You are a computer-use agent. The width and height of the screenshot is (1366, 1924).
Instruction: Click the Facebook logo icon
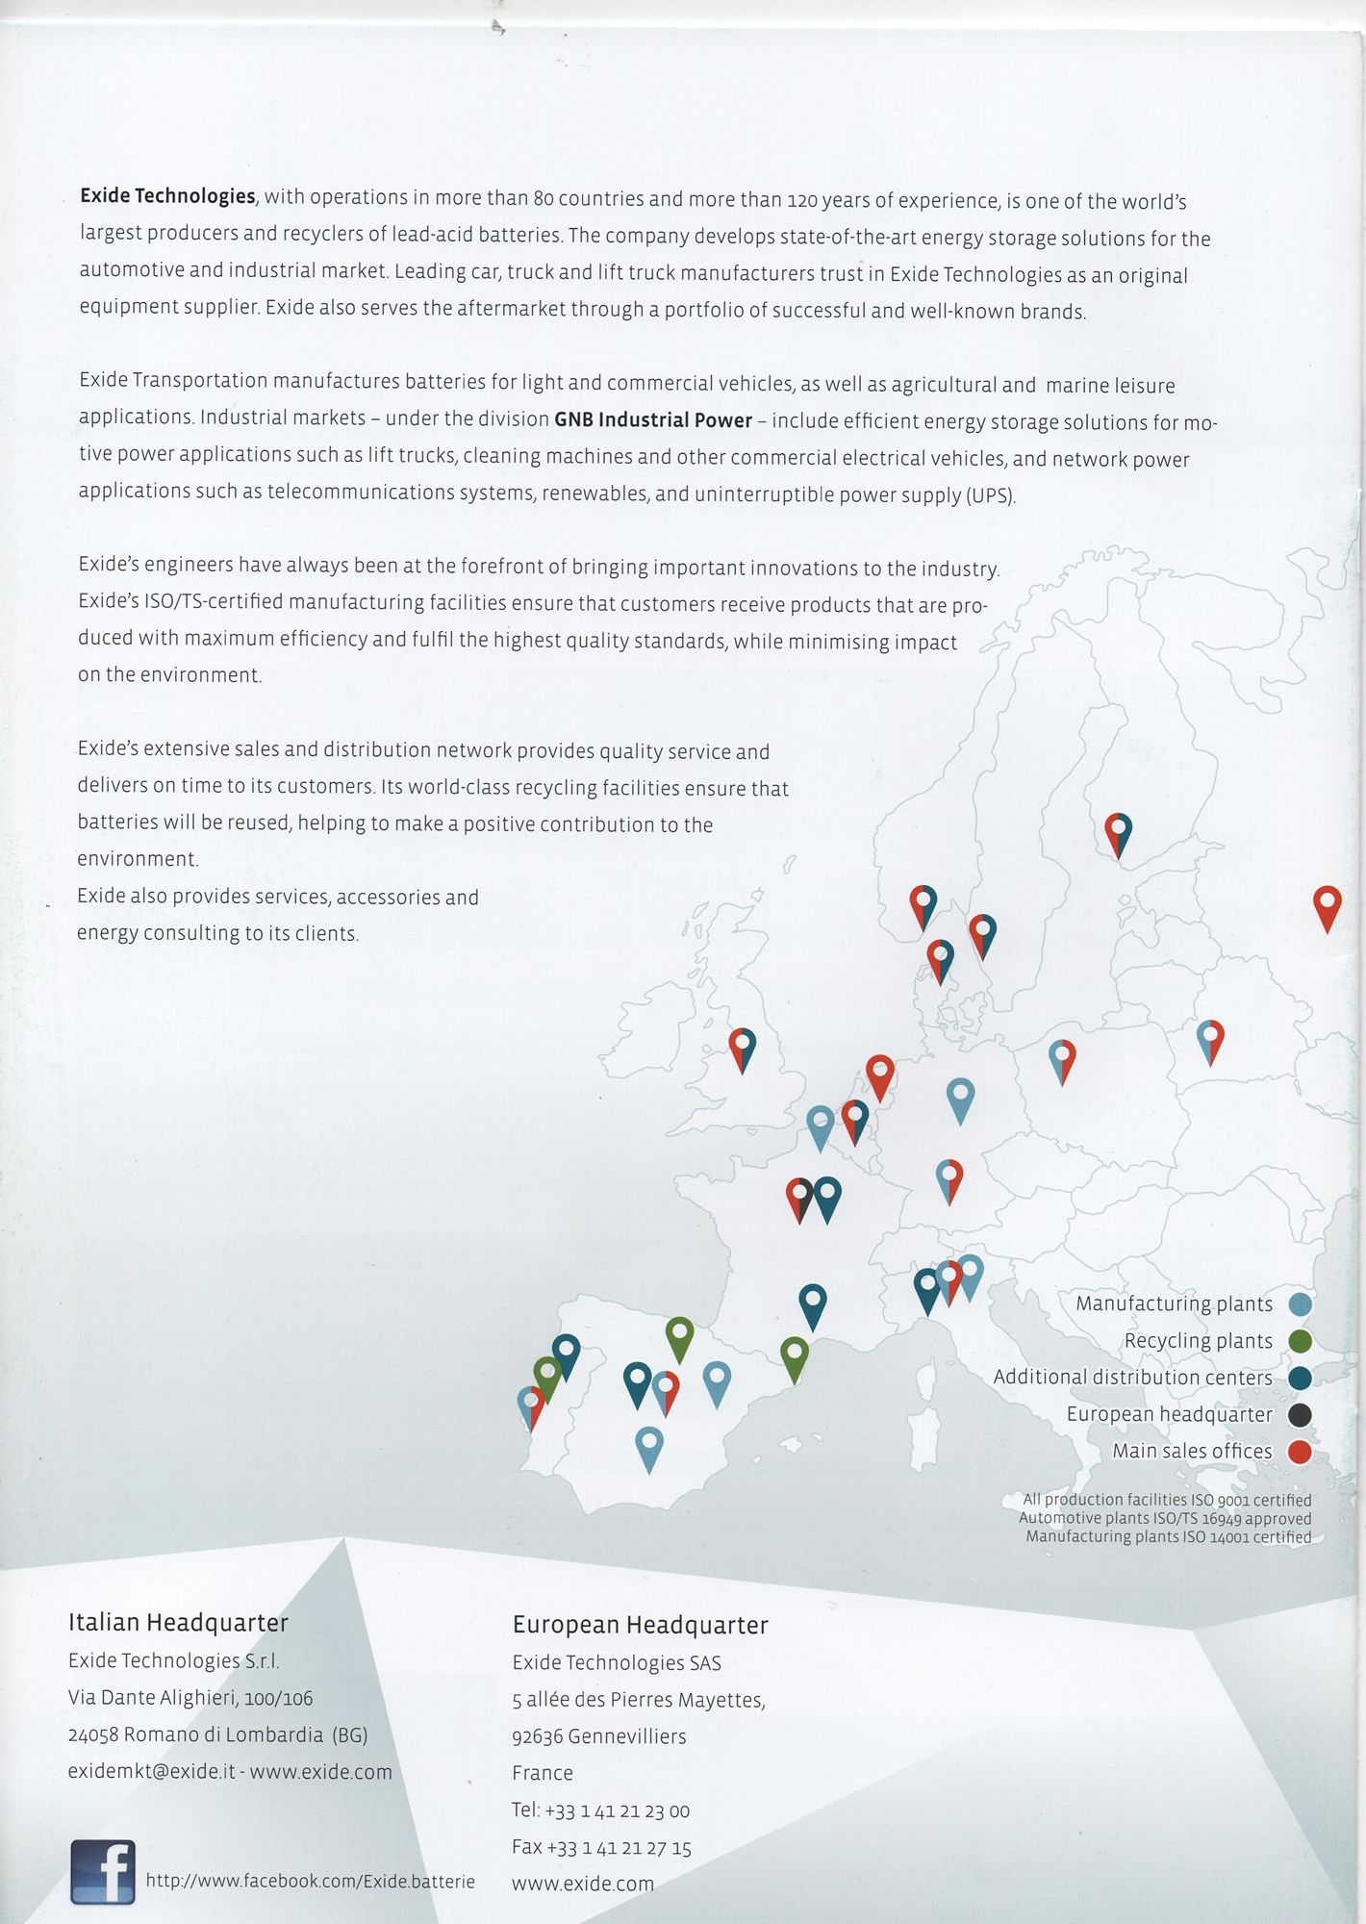tap(103, 1871)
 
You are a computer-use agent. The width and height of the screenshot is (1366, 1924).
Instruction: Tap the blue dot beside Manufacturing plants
tap(1300, 1304)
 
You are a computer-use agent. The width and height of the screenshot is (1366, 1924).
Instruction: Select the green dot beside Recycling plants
tap(1300, 1341)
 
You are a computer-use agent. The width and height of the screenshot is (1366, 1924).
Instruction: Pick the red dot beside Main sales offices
tap(1300, 1452)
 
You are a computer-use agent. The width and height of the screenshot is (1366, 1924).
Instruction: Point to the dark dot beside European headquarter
tap(1300, 1415)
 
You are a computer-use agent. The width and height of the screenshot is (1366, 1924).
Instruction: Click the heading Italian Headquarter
tap(178, 1623)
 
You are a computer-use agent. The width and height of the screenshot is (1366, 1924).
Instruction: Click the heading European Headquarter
tap(640, 1625)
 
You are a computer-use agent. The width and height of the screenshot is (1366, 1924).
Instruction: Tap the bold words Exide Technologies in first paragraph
tap(167, 196)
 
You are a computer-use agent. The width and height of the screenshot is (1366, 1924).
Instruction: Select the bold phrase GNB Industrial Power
tap(653, 420)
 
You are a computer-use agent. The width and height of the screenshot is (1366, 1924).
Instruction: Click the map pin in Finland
tap(1118, 833)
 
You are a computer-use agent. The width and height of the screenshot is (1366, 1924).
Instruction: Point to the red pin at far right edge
tap(1327, 906)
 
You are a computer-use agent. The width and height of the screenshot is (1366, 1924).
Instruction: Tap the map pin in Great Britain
tap(742, 1048)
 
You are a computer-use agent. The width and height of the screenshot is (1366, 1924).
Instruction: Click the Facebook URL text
tap(310, 1881)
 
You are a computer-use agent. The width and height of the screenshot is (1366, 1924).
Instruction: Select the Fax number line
tap(601, 1847)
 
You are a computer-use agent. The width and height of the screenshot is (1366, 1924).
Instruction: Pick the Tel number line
tap(600, 1810)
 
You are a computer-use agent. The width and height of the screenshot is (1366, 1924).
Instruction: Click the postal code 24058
tap(93, 1735)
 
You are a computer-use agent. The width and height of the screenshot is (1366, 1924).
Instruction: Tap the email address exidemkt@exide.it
tap(151, 1772)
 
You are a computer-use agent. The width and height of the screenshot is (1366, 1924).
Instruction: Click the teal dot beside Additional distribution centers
tap(1300, 1379)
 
